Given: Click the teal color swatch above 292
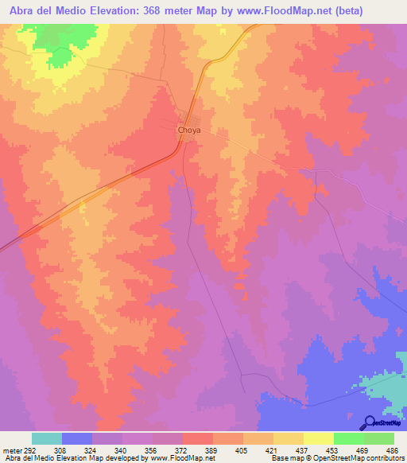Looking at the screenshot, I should (47, 438).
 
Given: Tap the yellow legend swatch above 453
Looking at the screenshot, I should (319, 438).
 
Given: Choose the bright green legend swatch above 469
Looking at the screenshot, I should (349, 438).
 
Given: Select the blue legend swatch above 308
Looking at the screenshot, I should (77, 438).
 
